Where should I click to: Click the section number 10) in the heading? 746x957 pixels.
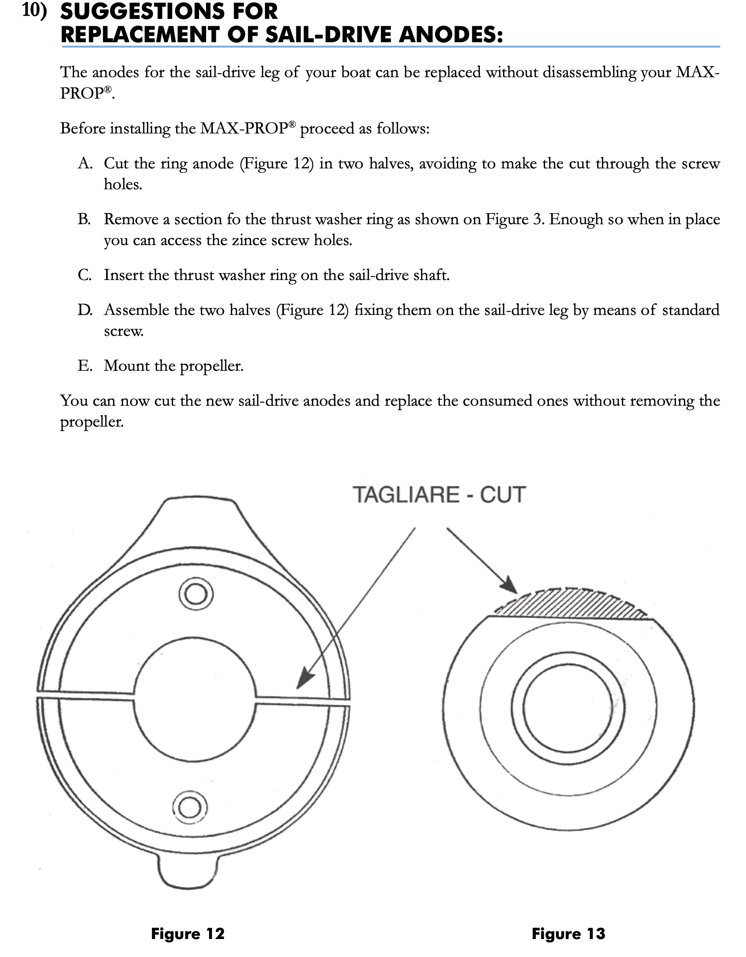(x=35, y=12)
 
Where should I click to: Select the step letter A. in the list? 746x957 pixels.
(x=85, y=164)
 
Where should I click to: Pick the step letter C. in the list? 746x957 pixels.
(x=84, y=275)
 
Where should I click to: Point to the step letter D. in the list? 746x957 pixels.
(x=85, y=310)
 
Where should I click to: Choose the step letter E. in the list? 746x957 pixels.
(x=84, y=365)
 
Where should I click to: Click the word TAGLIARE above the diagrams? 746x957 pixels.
(x=406, y=495)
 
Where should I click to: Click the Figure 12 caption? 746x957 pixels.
(x=188, y=933)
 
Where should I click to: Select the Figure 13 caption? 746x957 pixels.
(x=568, y=933)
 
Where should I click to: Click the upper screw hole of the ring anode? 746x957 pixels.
(x=195, y=594)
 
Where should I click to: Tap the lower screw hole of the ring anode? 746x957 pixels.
(x=189, y=808)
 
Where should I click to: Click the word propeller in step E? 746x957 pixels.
(x=211, y=366)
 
